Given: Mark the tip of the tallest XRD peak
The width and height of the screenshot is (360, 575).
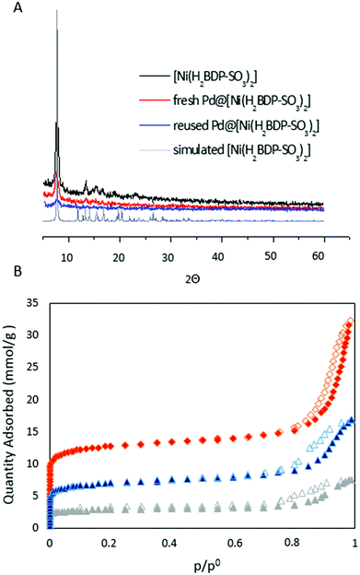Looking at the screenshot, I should [x=57, y=12].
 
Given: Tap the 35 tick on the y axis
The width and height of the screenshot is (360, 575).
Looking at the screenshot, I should [x=36, y=301].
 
